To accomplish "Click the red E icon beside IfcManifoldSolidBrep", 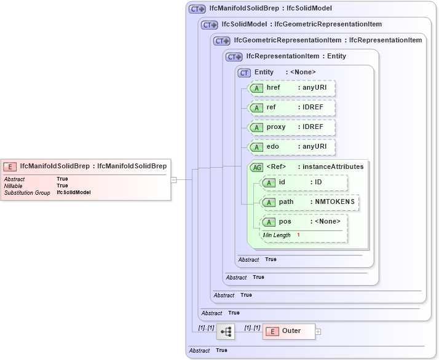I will pos(10,166).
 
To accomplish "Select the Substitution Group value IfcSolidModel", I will pos(74,192).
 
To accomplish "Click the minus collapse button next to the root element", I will pos(174,180).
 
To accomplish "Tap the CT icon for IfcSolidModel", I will pos(210,25).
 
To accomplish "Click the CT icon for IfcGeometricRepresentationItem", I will pos(221,41).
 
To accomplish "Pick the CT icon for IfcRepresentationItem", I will pos(234,57).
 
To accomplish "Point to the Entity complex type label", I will pos(264,72).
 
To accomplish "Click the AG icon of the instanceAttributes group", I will pos(256,166).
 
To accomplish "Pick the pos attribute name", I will pos(285,222).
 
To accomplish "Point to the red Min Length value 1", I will pos(298,235).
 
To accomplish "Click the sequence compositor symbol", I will pos(226,332).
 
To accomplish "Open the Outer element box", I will pos(289,331).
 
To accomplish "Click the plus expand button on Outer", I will pos(318,332).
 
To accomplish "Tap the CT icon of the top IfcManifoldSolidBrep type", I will pos(197,9).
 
